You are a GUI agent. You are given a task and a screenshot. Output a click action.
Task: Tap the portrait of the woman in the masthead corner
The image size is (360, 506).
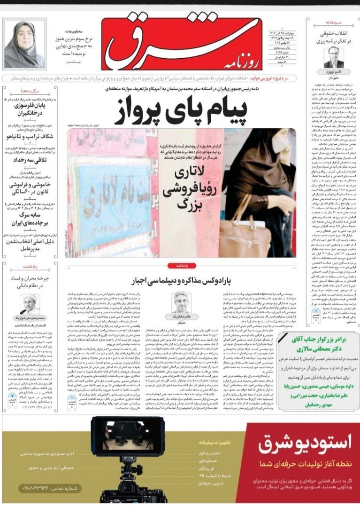[24, 44]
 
